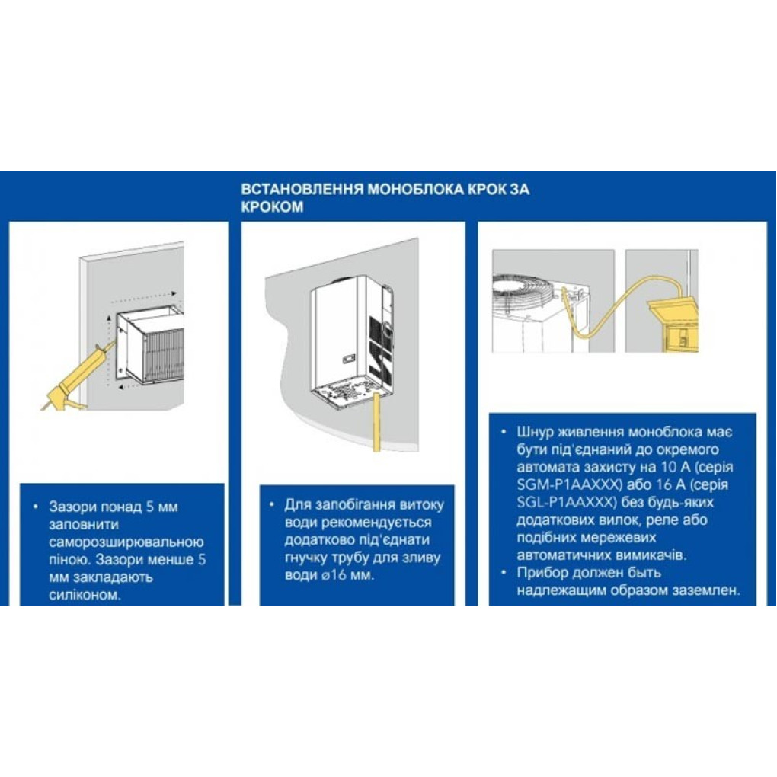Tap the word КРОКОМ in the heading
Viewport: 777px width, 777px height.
(x=272, y=206)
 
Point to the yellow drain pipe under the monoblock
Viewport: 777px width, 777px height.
(x=376, y=421)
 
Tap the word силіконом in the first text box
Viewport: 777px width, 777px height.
(x=85, y=595)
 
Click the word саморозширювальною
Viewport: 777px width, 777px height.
(x=126, y=542)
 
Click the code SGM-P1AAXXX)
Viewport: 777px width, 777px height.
(x=569, y=484)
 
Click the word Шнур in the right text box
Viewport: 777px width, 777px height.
(x=536, y=432)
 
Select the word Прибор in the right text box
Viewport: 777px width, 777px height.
(x=543, y=573)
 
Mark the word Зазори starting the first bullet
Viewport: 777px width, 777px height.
(x=72, y=507)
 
